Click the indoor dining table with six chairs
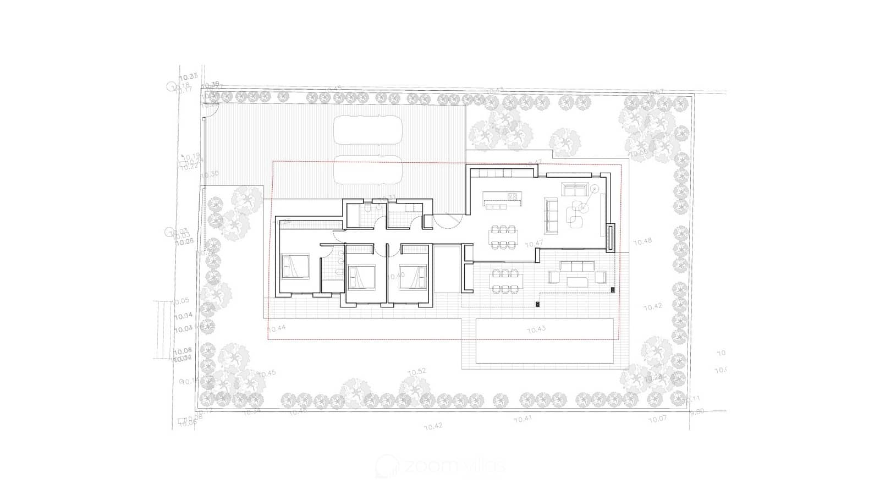tap(503, 237)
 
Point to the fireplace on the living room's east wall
tap(611, 237)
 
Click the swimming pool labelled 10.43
tap(544, 342)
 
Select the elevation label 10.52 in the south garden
tap(417, 372)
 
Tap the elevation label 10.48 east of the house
tap(642, 241)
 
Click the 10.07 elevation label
tap(657, 419)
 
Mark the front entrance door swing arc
tap(447, 221)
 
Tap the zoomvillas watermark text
tap(440, 467)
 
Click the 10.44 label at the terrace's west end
tap(277, 328)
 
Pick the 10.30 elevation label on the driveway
tap(210, 174)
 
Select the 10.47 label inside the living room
tap(534, 243)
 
